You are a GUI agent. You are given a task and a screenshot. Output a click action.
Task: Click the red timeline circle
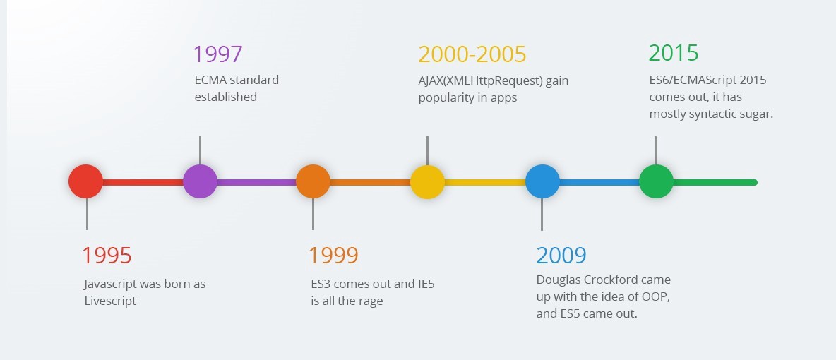pyautogui.click(x=85, y=181)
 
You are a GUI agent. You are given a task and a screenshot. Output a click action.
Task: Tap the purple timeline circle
pyautogui.click(x=200, y=181)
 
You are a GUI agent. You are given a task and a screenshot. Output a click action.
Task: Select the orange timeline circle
pyautogui.click(x=313, y=181)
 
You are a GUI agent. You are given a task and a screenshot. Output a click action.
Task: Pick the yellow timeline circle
pyautogui.click(x=427, y=181)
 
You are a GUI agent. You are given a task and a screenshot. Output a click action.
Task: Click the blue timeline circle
pyautogui.click(x=542, y=181)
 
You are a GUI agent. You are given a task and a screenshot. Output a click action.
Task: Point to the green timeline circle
pyautogui.click(x=656, y=181)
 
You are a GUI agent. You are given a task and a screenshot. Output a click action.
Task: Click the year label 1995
pyautogui.click(x=107, y=256)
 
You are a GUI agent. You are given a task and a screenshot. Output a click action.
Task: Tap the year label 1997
pyautogui.click(x=218, y=54)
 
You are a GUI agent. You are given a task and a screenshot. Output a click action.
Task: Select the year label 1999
pyautogui.click(x=334, y=256)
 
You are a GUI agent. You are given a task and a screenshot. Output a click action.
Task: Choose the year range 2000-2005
pyautogui.click(x=472, y=54)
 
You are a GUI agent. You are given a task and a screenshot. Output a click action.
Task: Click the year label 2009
pyautogui.click(x=561, y=256)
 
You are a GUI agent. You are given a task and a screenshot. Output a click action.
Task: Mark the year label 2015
pyautogui.click(x=674, y=53)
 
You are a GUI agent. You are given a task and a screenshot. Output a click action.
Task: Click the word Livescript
pyautogui.click(x=109, y=301)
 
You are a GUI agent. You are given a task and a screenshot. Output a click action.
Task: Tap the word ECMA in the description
pyautogui.click(x=211, y=80)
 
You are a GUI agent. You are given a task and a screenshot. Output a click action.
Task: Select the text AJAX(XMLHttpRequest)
pyautogui.click(x=481, y=80)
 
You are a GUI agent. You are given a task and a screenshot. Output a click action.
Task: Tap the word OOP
pyautogui.click(x=655, y=297)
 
